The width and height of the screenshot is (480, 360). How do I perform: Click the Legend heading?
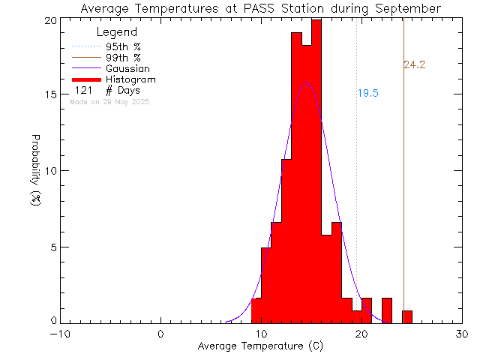tap(117, 32)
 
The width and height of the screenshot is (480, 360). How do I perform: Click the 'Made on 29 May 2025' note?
tap(110, 101)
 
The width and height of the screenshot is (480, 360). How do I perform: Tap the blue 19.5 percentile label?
tap(367, 94)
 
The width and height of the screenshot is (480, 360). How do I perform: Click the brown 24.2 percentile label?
tap(414, 65)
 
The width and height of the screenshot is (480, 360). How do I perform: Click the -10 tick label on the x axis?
tap(60, 334)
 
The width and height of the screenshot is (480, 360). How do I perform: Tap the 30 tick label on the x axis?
tap(462, 334)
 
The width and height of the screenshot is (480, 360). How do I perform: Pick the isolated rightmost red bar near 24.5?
tap(407, 316)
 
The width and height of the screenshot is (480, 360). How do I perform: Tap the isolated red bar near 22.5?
tap(387, 310)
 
